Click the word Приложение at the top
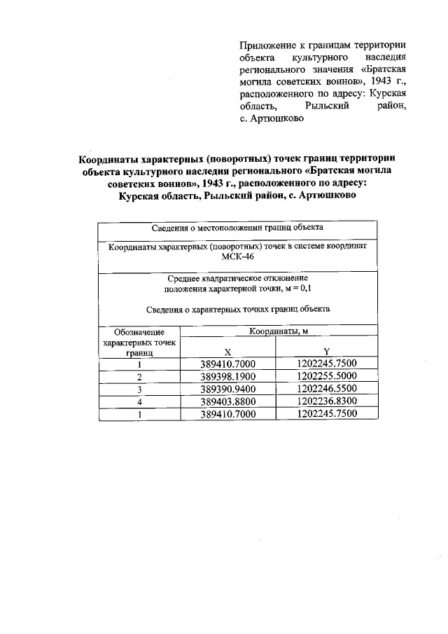pyautogui.click(x=266, y=44)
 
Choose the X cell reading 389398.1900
pyautogui.click(x=228, y=376)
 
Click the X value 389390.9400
pyautogui.click(x=228, y=389)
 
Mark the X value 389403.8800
pyautogui.click(x=228, y=401)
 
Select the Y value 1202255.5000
pyautogui.click(x=326, y=376)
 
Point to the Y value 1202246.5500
pyautogui.click(x=326, y=389)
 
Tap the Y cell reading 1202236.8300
pyautogui.click(x=326, y=401)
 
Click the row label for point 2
pyautogui.click(x=140, y=376)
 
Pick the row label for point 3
pyautogui.click(x=140, y=389)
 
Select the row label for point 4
pyautogui.click(x=140, y=401)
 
